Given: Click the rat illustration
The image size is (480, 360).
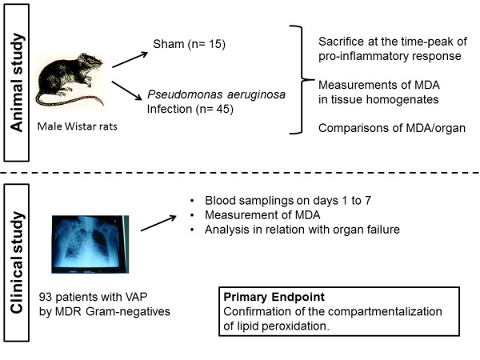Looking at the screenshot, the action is [x=70, y=80].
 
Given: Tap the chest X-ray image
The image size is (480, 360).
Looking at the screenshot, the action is [x=90, y=244].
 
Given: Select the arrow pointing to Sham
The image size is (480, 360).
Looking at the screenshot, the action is [x=130, y=60].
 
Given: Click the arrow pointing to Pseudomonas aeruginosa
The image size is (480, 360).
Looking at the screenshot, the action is [x=127, y=90].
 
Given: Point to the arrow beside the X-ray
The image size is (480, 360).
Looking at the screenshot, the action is [x=158, y=223].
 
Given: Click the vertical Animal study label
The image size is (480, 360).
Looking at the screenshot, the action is [x=17, y=82].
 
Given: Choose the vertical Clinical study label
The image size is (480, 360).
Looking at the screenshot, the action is [x=17, y=262].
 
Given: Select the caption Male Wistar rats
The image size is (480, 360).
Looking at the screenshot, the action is [x=77, y=126].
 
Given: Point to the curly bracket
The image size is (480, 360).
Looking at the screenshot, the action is [x=302, y=80].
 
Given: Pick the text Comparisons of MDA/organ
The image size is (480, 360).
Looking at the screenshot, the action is [x=392, y=128].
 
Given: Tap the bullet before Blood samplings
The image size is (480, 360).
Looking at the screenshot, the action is [x=192, y=201].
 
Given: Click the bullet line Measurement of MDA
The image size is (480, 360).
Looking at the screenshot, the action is [x=262, y=215].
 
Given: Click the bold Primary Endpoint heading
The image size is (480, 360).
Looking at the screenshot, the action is [x=274, y=297].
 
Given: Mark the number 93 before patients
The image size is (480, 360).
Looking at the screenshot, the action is [x=46, y=297].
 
